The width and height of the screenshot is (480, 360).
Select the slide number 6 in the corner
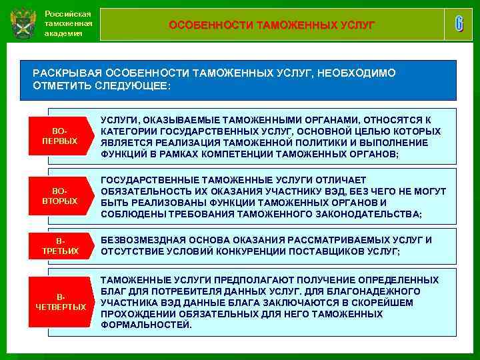coord(459,24)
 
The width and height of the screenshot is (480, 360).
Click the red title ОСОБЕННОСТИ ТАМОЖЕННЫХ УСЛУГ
coord(271,25)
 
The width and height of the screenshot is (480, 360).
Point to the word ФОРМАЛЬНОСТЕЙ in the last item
coord(146,325)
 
